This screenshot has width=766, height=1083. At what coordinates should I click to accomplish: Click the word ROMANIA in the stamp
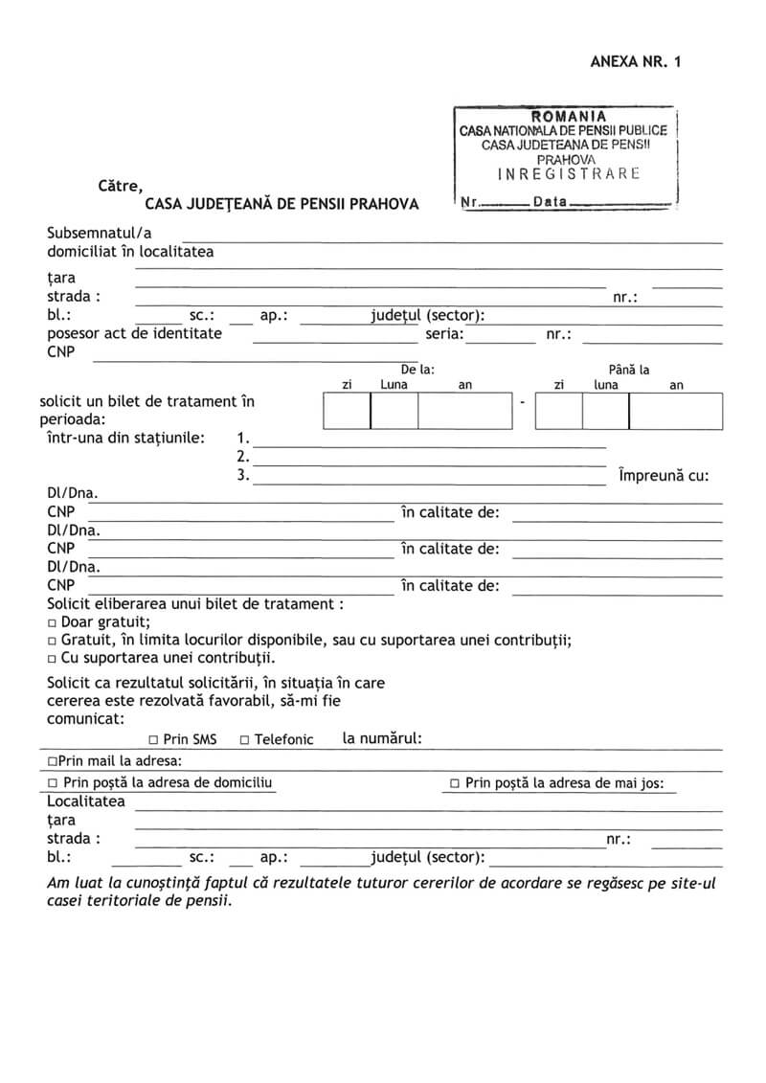pyautogui.click(x=568, y=116)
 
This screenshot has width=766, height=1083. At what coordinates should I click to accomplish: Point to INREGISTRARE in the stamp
pyautogui.click(x=569, y=173)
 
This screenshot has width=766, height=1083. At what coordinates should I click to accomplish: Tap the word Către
pyautogui.click(x=120, y=185)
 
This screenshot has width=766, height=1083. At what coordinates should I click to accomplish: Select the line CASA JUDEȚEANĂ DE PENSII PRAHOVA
pyautogui.click(x=282, y=203)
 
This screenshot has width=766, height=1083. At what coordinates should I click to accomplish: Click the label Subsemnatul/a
pyautogui.click(x=100, y=233)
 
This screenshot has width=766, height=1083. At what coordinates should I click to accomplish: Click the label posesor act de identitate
pyautogui.click(x=135, y=333)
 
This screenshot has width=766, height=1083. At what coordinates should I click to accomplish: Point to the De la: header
pyautogui.click(x=417, y=369)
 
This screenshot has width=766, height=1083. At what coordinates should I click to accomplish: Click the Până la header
pyautogui.click(x=629, y=369)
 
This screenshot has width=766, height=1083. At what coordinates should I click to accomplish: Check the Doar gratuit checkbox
pyautogui.click(x=52, y=622)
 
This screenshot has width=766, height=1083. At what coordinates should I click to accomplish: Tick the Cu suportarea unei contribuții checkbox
pyautogui.click(x=52, y=659)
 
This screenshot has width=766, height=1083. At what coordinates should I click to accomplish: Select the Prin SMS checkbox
pyautogui.click(x=153, y=739)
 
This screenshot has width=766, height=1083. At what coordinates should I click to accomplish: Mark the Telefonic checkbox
pyautogui.click(x=244, y=739)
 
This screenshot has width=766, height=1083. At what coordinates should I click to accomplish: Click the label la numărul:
pyautogui.click(x=382, y=738)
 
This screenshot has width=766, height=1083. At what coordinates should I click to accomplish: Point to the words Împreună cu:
pyautogui.click(x=664, y=475)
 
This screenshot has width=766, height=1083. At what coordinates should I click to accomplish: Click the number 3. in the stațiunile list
pyautogui.click(x=243, y=474)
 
